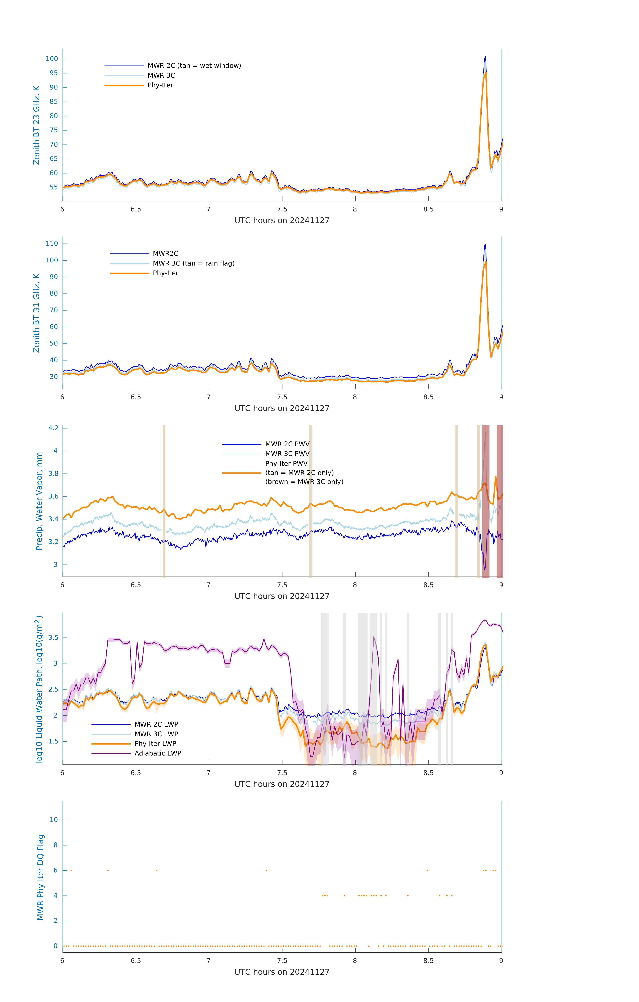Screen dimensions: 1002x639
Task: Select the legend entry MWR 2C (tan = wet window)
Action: point(194,66)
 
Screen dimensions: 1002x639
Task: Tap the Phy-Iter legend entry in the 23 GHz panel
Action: point(160,85)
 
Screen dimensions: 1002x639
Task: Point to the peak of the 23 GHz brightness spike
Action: point(485,57)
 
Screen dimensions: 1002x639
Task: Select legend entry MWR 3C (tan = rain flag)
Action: point(194,263)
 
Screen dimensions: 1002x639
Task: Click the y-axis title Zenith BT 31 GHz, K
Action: point(37,313)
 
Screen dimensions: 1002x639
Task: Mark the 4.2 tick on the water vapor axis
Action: point(53,428)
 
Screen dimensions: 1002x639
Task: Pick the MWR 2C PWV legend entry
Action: point(287,444)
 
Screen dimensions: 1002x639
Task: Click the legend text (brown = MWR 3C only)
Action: point(304,482)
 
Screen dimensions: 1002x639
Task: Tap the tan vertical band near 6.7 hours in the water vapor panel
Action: point(164,501)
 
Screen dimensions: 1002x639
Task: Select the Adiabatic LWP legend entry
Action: point(158,753)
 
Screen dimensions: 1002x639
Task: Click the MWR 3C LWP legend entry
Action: point(156,734)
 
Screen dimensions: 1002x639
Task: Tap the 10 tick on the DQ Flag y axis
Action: point(54,820)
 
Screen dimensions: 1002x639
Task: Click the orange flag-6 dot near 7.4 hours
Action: point(266,870)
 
